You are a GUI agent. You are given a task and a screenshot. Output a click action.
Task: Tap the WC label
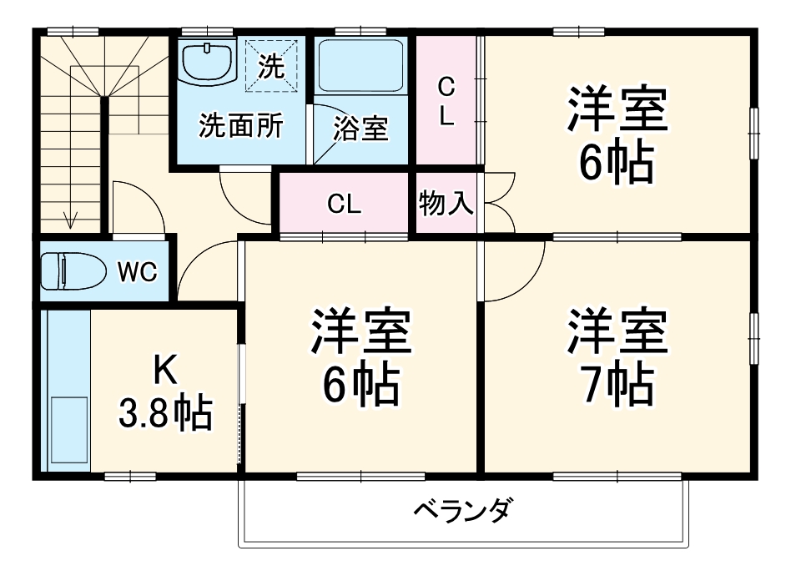138,271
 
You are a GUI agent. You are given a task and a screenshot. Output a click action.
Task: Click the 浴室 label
360,129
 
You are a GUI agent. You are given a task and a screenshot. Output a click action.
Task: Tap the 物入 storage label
446,204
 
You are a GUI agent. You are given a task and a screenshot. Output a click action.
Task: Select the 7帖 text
617,384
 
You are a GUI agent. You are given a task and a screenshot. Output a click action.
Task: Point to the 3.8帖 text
164,412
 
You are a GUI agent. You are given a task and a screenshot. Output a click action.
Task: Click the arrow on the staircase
71,219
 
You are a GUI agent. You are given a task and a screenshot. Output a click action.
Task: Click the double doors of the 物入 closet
499,203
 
